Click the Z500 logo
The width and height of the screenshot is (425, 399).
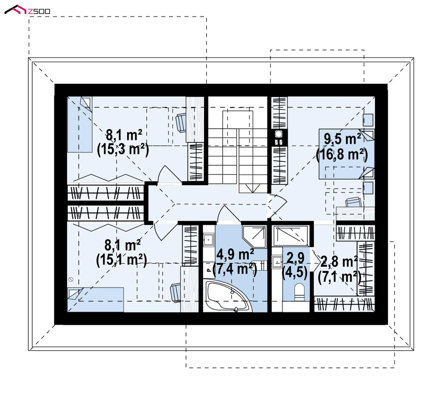(27, 10)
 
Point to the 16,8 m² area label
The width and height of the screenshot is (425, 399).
(342, 154)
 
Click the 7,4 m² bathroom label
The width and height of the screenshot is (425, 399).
(235, 269)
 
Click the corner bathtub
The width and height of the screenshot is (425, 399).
(228, 297)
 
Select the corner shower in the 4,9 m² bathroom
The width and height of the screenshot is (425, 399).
(254, 237)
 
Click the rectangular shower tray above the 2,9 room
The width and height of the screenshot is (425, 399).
(291, 236)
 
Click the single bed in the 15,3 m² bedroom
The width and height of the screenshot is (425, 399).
(80, 124)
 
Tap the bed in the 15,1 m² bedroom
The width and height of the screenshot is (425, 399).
(95, 299)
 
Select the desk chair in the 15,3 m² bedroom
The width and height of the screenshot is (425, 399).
(181, 123)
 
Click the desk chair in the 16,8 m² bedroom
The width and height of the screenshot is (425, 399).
(353, 202)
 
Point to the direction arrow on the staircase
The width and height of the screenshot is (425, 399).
(253, 188)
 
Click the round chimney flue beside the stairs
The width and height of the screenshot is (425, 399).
(278, 134)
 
